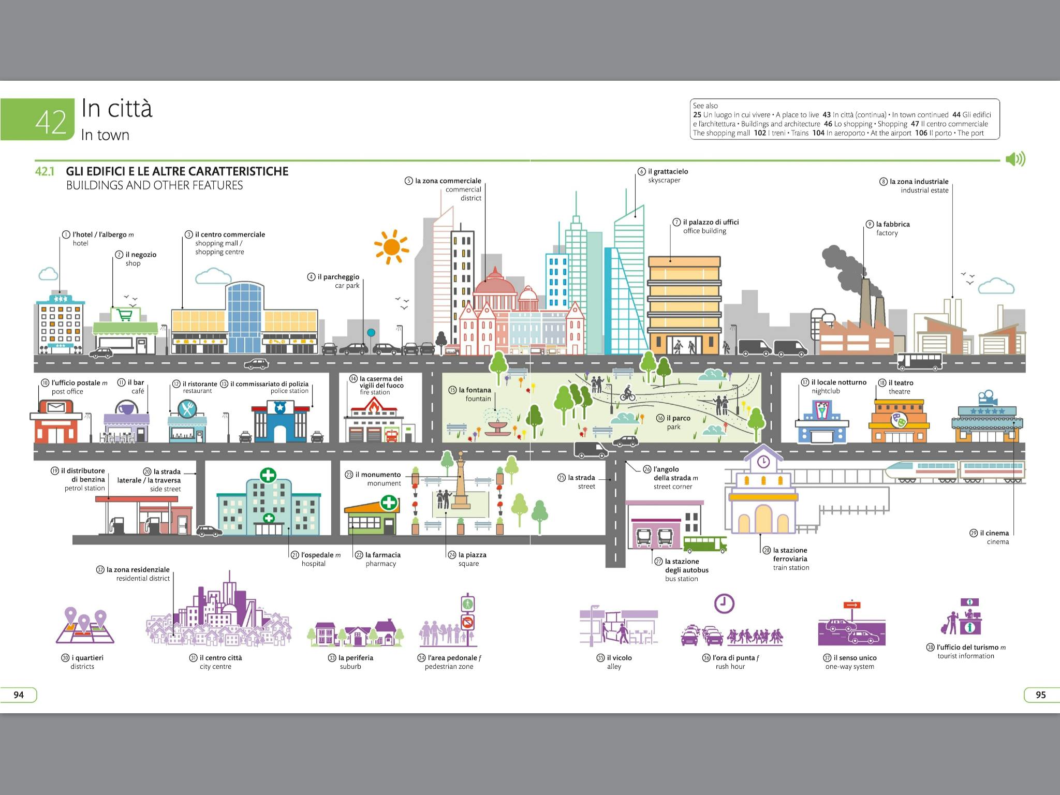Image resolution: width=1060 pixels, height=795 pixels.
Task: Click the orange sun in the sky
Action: (x=391, y=247)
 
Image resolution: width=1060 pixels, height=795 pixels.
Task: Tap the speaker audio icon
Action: (x=1015, y=159)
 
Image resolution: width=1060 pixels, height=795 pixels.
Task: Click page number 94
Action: (x=19, y=695)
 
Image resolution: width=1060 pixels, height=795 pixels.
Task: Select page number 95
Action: (x=1040, y=695)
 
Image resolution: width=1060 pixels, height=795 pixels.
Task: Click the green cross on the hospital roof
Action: (x=268, y=475)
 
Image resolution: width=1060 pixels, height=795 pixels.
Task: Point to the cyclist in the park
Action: (x=628, y=393)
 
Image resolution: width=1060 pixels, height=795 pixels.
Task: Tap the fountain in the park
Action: (x=495, y=426)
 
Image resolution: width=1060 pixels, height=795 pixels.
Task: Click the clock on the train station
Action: (x=763, y=461)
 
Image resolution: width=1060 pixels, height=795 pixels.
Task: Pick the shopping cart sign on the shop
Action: (x=124, y=314)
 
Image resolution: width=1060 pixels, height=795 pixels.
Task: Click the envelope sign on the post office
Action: (x=55, y=407)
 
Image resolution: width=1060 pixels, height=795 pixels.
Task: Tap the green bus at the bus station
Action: (x=705, y=543)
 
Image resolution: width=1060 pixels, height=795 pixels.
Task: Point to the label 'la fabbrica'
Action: (x=892, y=224)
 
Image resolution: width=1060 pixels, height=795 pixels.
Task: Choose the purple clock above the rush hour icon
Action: (x=724, y=603)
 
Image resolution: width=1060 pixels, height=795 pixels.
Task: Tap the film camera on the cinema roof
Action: (x=987, y=397)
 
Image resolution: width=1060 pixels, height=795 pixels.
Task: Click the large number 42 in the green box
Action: (x=51, y=122)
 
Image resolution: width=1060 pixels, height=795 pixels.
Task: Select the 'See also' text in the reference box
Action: (x=705, y=106)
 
